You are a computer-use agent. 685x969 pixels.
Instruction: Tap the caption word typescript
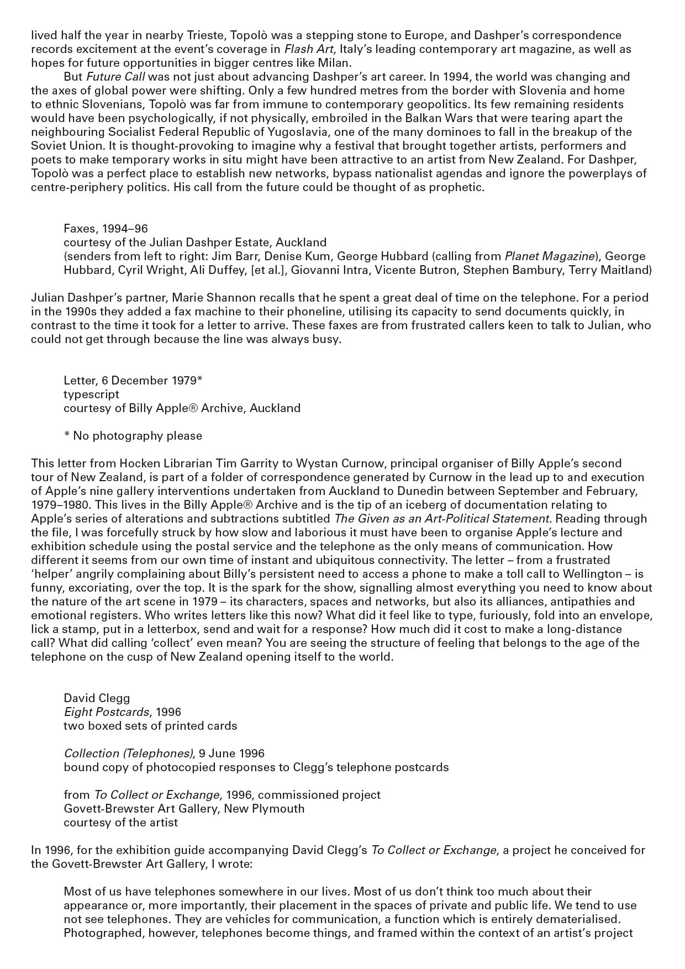91,394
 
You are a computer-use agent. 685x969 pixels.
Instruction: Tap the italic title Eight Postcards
106,712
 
